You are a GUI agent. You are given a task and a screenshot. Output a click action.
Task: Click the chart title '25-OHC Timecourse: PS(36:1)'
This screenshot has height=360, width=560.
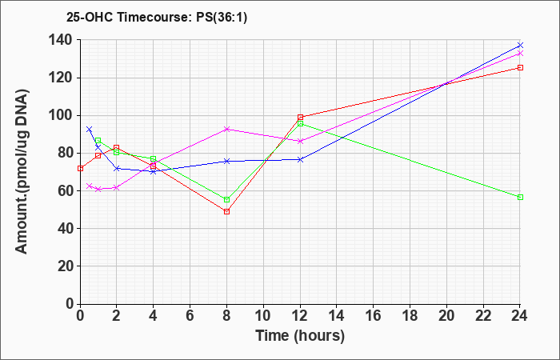157,18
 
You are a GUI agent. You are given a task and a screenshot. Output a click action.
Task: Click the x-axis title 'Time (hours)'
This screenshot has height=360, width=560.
300,336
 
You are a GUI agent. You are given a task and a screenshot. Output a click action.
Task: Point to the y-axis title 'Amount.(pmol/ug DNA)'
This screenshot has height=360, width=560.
22,171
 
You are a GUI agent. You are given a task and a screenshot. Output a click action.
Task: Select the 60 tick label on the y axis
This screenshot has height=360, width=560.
66,190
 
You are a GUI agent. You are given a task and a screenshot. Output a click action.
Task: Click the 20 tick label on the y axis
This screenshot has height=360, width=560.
66,266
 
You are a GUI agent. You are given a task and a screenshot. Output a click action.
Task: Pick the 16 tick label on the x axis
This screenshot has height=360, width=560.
374,316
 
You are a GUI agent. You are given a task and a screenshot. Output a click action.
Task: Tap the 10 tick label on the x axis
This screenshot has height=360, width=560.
263,316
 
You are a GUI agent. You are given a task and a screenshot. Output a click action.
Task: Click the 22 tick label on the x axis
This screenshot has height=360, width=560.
483,316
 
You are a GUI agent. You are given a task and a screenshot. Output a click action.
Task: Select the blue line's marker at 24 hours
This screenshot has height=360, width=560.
520,46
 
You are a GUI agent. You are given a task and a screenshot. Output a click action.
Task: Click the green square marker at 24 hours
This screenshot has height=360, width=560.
520,197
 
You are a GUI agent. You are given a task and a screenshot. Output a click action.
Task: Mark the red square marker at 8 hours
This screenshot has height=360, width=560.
226,212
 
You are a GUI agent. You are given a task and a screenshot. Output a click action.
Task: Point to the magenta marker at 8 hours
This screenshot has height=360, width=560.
226,129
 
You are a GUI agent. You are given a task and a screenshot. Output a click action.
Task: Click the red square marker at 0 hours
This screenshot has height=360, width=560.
80,169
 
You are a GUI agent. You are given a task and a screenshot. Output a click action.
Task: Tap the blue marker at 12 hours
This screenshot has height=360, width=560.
300,160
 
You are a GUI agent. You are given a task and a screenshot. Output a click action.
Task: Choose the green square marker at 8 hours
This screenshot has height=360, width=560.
226,200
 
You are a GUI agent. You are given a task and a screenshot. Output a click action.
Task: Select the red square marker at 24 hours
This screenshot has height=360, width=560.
520,67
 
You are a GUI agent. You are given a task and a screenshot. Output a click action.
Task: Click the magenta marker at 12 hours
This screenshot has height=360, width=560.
300,141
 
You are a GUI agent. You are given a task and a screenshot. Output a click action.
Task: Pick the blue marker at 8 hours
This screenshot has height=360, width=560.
226,161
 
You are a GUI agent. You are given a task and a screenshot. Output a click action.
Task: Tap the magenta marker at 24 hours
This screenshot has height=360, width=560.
520,54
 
